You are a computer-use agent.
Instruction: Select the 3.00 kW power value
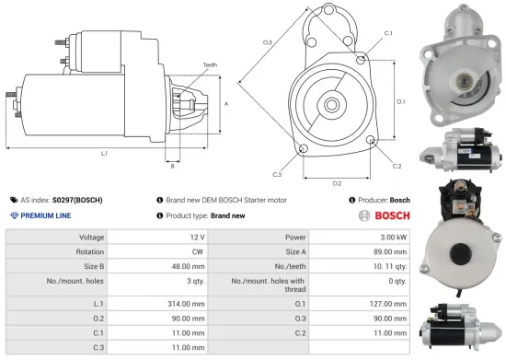(391, 237)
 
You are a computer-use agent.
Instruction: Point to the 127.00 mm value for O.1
(385, 301)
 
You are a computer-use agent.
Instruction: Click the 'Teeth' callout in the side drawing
(211, 64)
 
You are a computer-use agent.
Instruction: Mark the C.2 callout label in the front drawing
(397, 166)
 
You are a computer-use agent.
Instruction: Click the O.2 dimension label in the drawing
(337, 182)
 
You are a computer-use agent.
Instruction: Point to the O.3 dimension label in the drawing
(267, 42)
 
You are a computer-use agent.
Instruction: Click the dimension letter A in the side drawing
(226, 104)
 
